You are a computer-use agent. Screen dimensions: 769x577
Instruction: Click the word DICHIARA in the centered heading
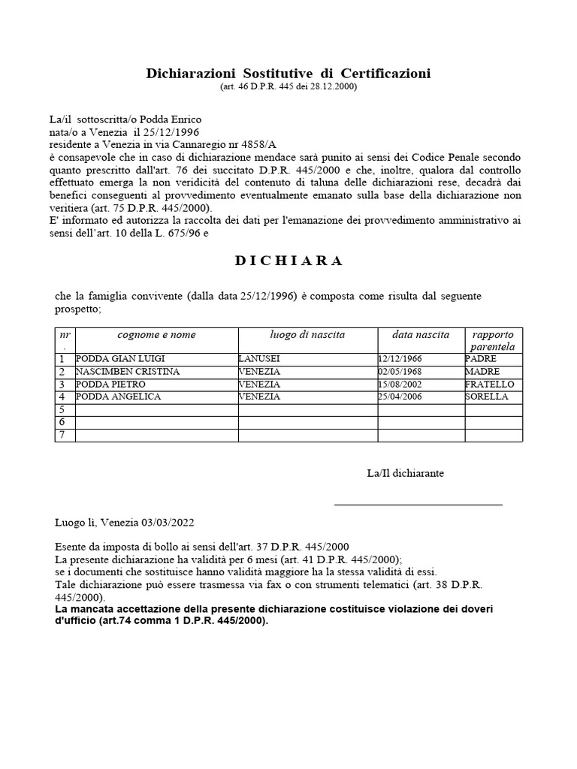coord(288,261)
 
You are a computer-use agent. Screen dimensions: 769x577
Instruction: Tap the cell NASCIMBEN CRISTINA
coord(128,372)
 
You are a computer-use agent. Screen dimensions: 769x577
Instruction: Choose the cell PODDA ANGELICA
coord(119,397)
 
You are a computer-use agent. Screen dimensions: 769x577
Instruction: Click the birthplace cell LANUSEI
coord(260,359)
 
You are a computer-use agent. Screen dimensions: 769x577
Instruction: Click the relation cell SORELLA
coord(487,397)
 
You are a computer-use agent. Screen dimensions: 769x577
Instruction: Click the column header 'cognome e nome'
coord(156,335)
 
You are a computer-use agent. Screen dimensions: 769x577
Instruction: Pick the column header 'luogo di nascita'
coord(307,335)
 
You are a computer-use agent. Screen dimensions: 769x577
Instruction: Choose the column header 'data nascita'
coord(421,335)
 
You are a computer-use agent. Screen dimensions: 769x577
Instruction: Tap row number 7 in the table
coord(63,435)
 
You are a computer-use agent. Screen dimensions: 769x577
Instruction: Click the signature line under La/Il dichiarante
coord(418,505)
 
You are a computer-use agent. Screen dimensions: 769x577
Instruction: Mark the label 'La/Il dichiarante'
coord(405,473)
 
